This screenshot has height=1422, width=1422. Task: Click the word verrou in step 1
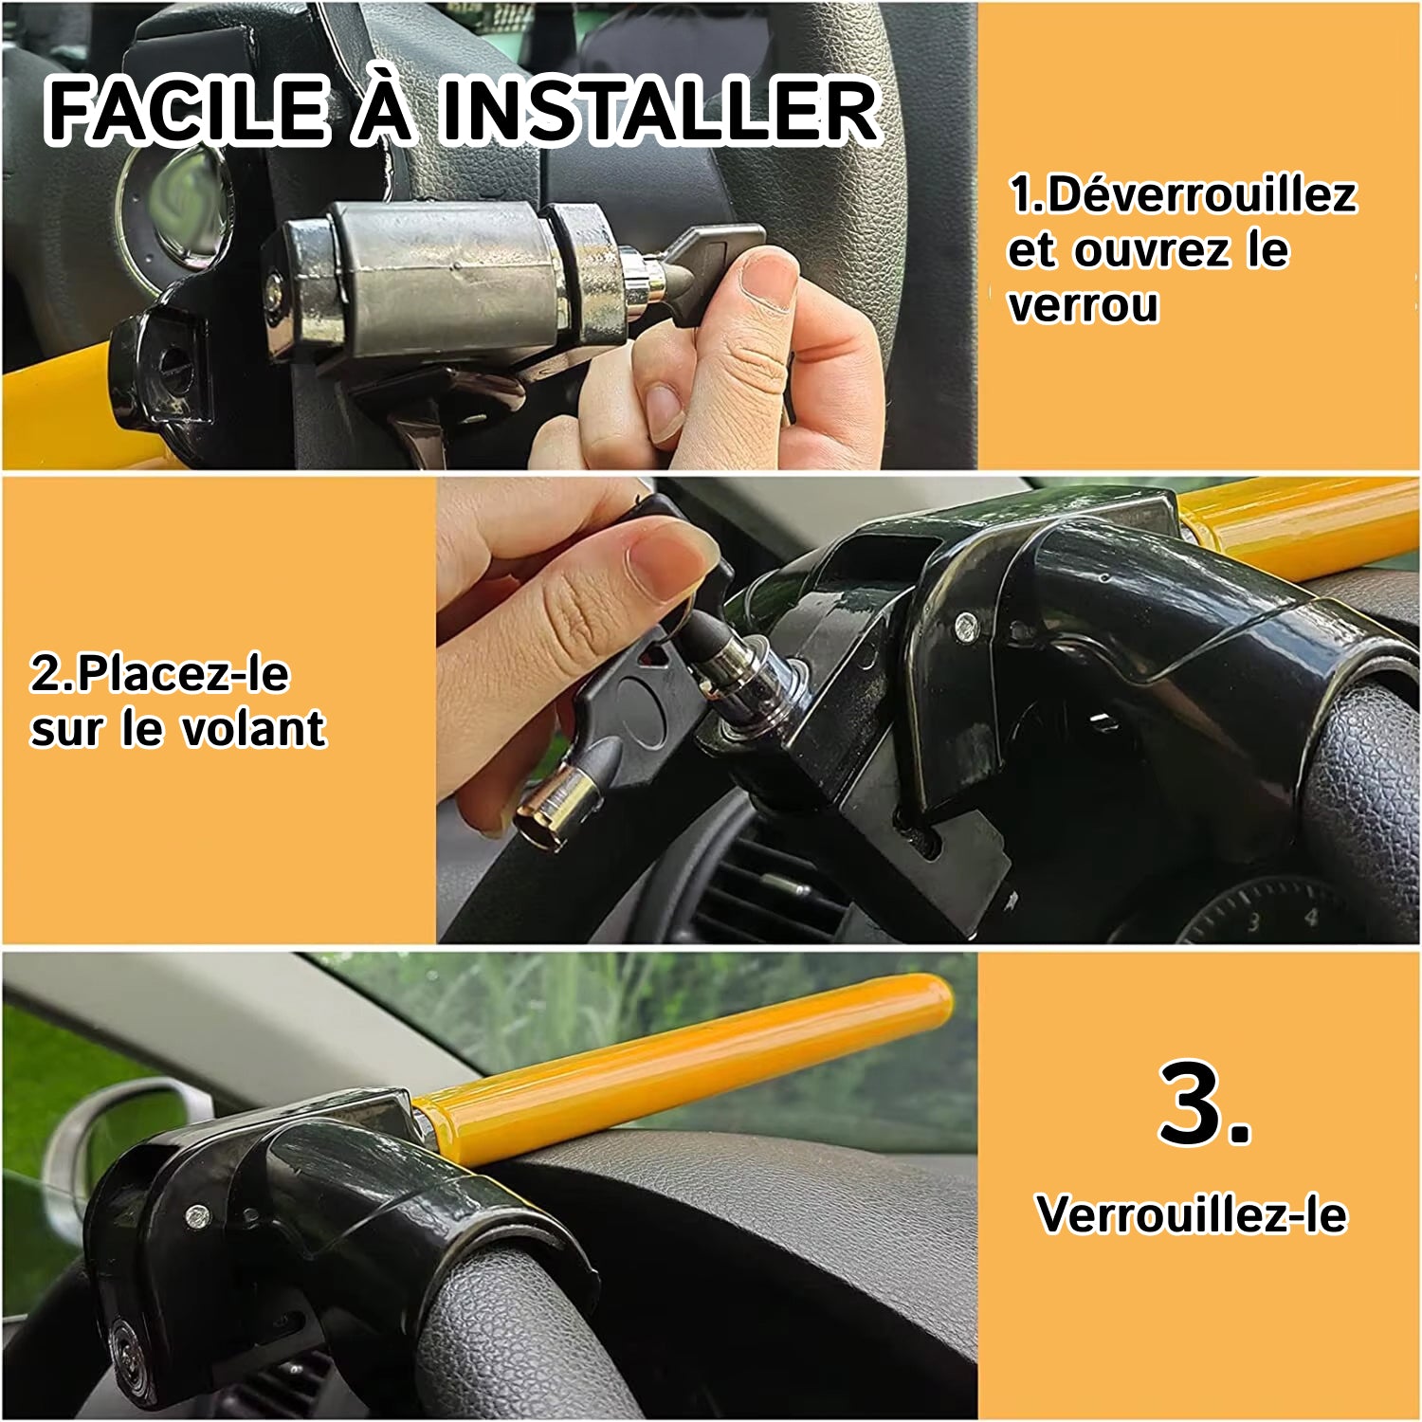(1084, 305)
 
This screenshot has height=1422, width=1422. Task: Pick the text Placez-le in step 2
(183, 673)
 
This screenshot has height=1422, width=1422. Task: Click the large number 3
(1205, 1103)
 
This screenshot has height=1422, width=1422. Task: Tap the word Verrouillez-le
(1192, 1214)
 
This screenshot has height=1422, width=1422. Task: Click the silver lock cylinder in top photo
(446, 277)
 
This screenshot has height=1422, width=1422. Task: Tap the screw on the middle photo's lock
(965, 624)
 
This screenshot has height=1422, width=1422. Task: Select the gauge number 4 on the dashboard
(1311, 917)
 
